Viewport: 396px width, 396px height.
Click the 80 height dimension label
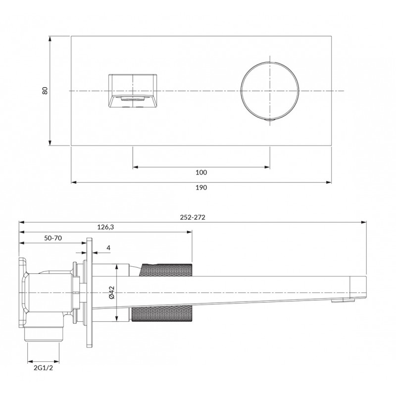coord(45,91)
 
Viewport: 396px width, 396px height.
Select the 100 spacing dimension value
coord(201,172)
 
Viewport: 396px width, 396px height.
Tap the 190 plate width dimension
coord(201,188)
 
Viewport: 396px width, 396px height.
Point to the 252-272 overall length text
coord(193,217)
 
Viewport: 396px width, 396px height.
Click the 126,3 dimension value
coord(105,227)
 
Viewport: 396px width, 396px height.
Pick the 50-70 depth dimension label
coord(53,238)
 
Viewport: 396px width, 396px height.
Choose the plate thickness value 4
coord(108,248)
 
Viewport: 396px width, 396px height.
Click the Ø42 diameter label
coord(112,293)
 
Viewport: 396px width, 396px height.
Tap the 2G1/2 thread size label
coord(44,368)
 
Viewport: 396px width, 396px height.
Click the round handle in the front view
coord(241,91)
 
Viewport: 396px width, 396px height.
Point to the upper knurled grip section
coord(165,270)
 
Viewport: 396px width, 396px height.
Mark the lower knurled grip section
coord(162,314)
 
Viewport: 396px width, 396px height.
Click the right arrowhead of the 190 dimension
coord(329,182)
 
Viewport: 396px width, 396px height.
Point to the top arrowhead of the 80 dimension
coord(50,39)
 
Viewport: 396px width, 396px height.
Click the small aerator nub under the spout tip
coord(337,300)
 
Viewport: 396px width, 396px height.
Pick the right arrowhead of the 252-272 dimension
coord(364,222)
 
